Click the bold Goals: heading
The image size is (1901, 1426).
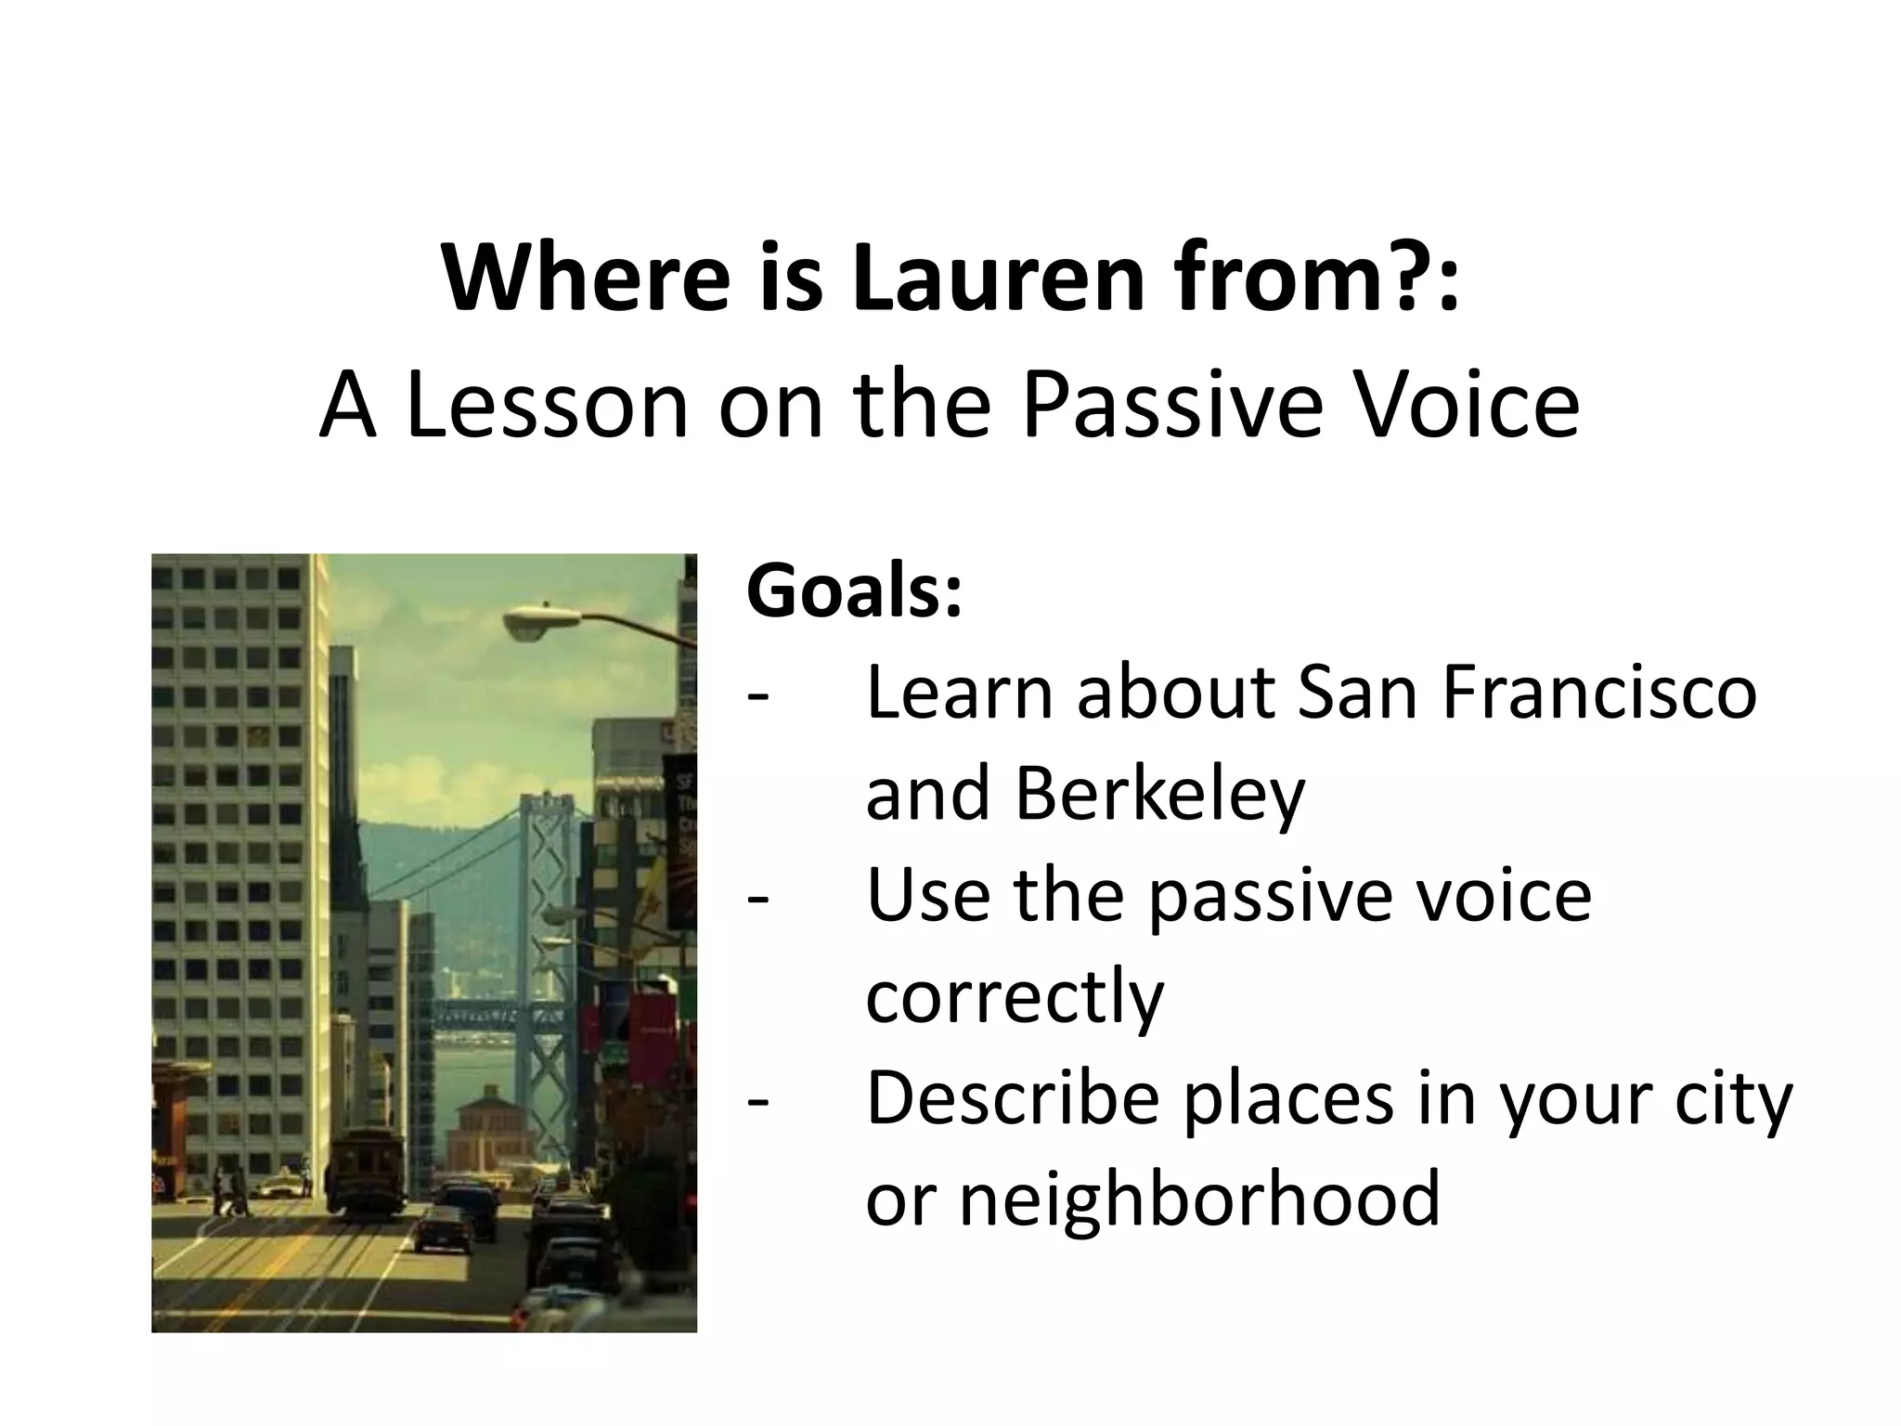854,592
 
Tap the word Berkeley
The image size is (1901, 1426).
1160,796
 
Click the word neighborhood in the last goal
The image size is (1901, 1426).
1198,1199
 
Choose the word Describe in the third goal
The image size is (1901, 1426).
1012,1098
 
